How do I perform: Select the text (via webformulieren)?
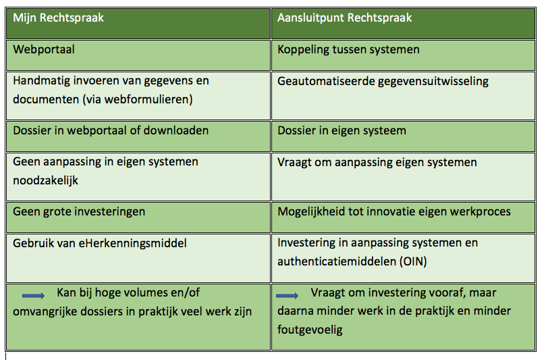(x=138, y=100)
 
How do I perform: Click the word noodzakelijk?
(x=45, y=180)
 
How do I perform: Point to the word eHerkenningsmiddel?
(x=132, y=243)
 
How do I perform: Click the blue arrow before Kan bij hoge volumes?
(x=33, y=296)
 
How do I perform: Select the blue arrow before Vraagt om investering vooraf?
(x=288, y=296)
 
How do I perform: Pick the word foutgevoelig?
(x=310, y=330)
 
